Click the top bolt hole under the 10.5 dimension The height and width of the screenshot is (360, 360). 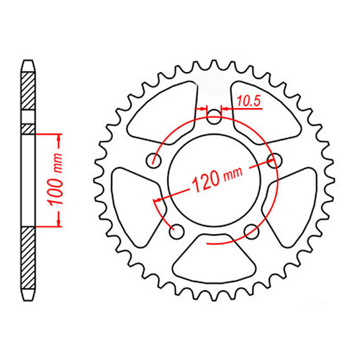click(x=213, y=117)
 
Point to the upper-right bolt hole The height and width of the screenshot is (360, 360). click(x=273, y=159)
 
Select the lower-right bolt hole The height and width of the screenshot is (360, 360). click(x=251, y=230)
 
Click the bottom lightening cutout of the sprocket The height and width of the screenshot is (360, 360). click(x=214, y=253)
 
